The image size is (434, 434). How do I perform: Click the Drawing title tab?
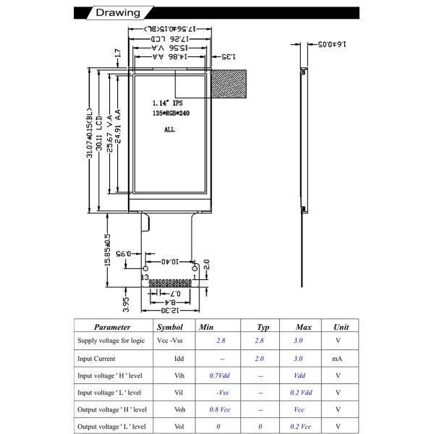click(116, 13)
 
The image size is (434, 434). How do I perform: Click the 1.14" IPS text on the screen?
click(168, 103)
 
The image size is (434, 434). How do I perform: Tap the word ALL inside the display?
click(169, 130)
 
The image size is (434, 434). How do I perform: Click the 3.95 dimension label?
click(125, 303)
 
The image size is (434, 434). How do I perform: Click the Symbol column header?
click(170, 327)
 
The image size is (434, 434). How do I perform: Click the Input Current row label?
click(98, 358)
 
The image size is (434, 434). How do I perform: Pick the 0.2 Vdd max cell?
click(299, 392)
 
